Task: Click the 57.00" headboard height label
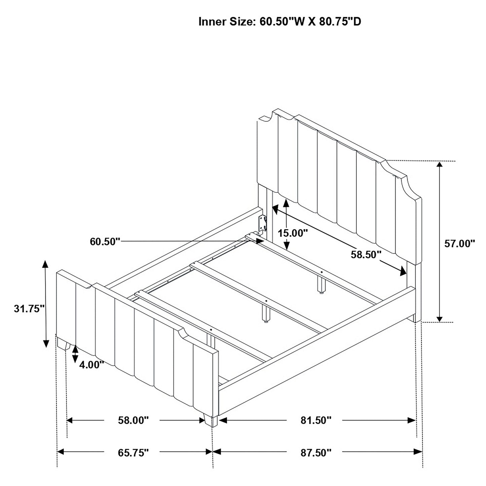coord(459,244)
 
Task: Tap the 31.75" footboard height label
coord(29,308)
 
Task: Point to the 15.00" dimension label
coord(293,233)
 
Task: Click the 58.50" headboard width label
coord(366,255)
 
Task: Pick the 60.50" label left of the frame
coord(105,241)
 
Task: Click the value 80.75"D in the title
coord(340,22)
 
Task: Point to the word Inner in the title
coord(213,22)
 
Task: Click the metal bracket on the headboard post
coord(263,223)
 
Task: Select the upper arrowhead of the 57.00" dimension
coord(439,164)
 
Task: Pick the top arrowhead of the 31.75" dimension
coord(45,264)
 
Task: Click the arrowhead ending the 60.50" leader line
coord(260,241)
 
